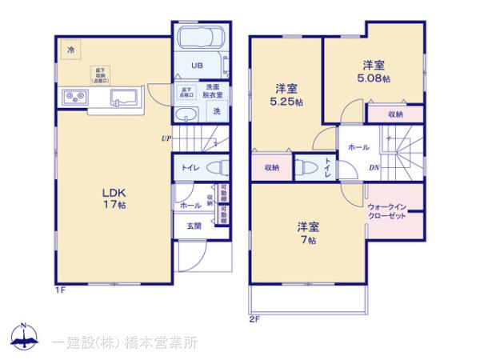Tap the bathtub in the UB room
(x=200, y=40)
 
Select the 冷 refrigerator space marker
(x=70, y=49)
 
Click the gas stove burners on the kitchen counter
(x=74, y=98)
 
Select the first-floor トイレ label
(x=190, y=169)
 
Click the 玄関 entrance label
(x=194, y=226)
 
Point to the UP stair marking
(x=166, y=138)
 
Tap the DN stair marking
(x=374, y=167)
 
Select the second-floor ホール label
(x=358, y=147)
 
